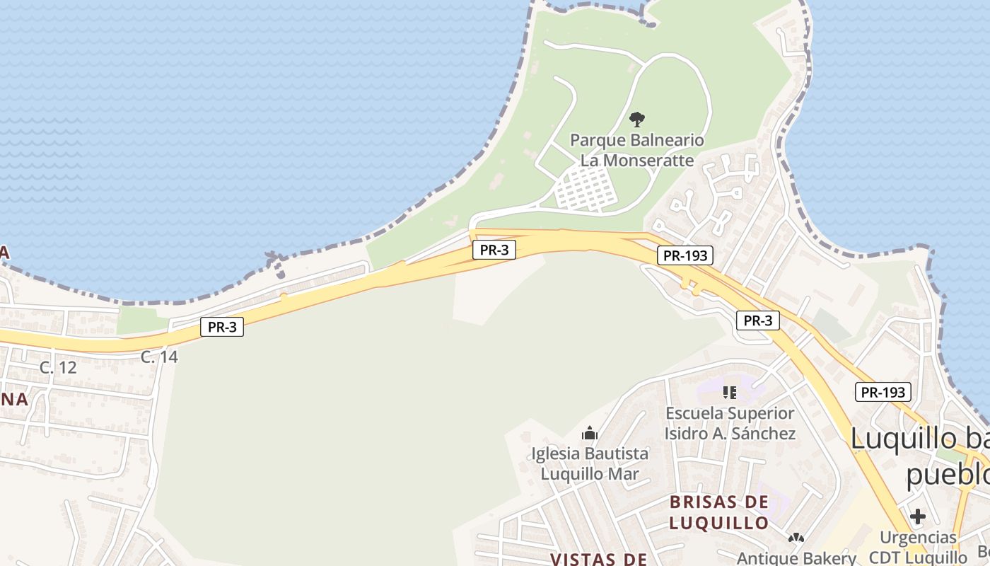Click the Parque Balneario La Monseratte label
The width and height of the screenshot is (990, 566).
pyautogui.click(x=637, y=150)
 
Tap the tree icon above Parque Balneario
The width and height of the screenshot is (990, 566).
pyautogui.click(x=636, y=119)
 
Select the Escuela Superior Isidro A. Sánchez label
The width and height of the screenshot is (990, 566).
pyautogui.click(x=730, y=423)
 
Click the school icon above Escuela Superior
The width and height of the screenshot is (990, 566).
pyautogui.click(x=730, y=392)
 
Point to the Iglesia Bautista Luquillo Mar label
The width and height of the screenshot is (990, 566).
pyautogui.click(x=590, y=463)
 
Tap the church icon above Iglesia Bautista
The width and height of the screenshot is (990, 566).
pyautogui.click(x=590, y=433)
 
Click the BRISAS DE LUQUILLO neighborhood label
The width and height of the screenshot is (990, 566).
pyautogui.click(x=718, y=512)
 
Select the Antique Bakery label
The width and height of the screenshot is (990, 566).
pyautogui.click(x=796, y=558)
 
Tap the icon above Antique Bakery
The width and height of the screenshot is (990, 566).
pyautogui.click(x=796, y=538)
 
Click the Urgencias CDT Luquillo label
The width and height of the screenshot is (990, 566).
pyautogui.click(x=918, y=547)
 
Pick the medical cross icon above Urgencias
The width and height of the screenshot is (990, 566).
pyautogui.click(x=918, y=517)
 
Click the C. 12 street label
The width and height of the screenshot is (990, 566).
pyautogui.click(x=58, y=368)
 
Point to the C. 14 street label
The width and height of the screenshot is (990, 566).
pyautogui.click(x=159, y=357)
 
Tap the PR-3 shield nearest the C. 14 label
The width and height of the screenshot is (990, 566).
pyautogui.click(x=222, y=327)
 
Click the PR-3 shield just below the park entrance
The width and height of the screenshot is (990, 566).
pyautogui.click(x=494, y=249)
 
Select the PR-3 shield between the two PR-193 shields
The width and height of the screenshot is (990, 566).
pyautogui.click(x=758, y=320)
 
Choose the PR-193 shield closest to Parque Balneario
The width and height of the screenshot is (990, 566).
pyautogui.click(x=684, y=255)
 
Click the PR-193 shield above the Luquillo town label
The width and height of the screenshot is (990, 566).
pyautogui.click(x=883, y=392)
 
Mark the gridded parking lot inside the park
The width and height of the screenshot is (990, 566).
pyautogui.click(x=584, y=189)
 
